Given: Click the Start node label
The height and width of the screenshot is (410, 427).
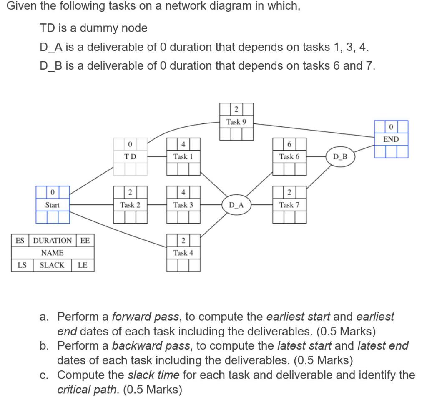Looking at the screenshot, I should [53, 205].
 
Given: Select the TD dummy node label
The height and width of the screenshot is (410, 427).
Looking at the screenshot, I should [130, 157].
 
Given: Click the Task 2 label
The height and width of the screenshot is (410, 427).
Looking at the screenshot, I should [130, 205].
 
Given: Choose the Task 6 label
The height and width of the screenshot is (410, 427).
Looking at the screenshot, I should [289, 157].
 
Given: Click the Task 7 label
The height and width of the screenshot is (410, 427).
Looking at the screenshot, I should [289, 205].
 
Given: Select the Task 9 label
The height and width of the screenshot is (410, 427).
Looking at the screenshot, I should [236, 122].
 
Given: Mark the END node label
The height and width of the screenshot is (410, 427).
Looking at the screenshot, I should [391, 139].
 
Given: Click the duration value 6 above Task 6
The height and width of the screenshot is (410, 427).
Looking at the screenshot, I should [289, 144].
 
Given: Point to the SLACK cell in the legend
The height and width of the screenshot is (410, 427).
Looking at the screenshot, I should [52, 265].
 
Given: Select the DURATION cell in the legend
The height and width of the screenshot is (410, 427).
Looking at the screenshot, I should [52, 241].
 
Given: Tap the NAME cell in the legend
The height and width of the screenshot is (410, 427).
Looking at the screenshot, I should [53, 253].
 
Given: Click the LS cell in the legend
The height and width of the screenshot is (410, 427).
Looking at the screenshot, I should [20, 265].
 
